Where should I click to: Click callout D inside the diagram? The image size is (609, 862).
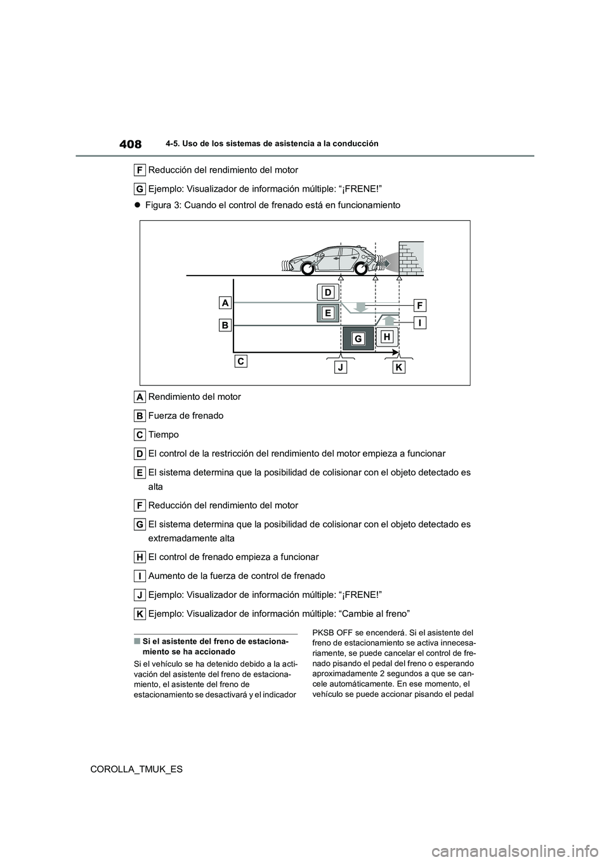327,292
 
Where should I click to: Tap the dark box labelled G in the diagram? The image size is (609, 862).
358,339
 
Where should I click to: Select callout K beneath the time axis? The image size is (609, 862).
398,368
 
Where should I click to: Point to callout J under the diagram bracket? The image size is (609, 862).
341,368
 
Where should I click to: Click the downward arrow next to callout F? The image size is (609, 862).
360,307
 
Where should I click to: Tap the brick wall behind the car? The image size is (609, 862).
411,258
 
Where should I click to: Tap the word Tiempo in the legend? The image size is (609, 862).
163,435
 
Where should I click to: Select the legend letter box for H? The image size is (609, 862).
140,557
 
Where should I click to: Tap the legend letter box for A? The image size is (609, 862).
140,397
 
